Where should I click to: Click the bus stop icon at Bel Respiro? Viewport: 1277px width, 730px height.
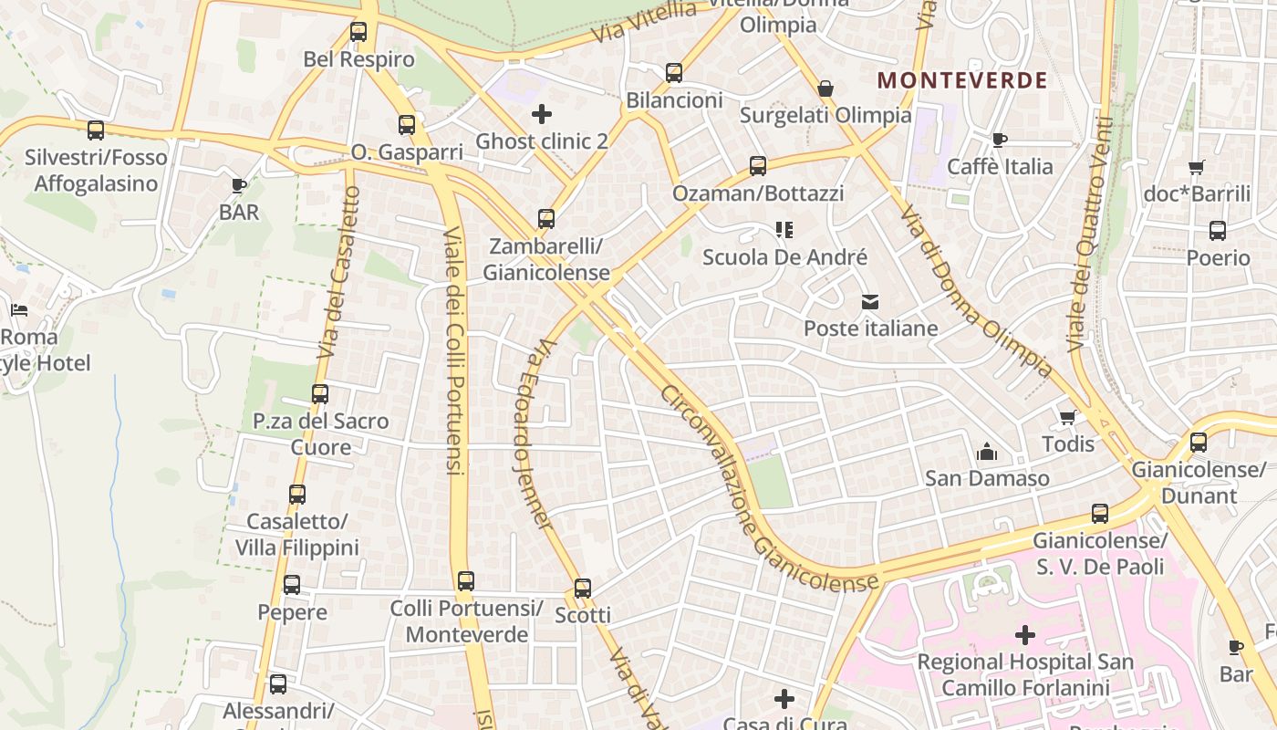pos(358,32)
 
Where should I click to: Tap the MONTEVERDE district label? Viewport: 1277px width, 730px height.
pos(962,80)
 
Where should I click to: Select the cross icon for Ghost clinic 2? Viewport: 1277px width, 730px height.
pos(542,114)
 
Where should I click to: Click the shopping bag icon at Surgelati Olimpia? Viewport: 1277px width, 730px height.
pos(825,89)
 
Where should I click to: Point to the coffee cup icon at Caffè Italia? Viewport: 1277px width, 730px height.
pos(1000,140)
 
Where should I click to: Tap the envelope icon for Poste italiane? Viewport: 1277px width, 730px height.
pos(870,301)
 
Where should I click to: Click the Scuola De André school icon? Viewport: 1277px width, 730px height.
pos(784,230)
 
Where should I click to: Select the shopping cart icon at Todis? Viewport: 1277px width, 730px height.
pos(1067,417)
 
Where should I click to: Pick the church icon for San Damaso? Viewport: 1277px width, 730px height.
pos(986,451)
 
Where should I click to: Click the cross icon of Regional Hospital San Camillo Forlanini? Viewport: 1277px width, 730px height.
pos(1025,634)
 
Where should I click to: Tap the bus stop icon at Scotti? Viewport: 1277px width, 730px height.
pos(583,588)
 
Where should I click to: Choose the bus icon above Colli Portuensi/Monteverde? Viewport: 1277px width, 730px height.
pos(466,580)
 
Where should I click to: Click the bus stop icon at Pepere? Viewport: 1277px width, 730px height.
pos(292,584)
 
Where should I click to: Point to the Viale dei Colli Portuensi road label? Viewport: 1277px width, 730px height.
pos(454,351)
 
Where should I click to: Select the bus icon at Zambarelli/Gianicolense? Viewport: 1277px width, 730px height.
pos(546,219)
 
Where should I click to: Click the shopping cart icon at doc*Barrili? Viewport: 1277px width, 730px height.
pos(1197,167)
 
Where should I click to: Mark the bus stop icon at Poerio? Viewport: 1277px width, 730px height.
pos(1218,231)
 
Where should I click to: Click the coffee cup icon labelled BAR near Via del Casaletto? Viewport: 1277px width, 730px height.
pos(239,185)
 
